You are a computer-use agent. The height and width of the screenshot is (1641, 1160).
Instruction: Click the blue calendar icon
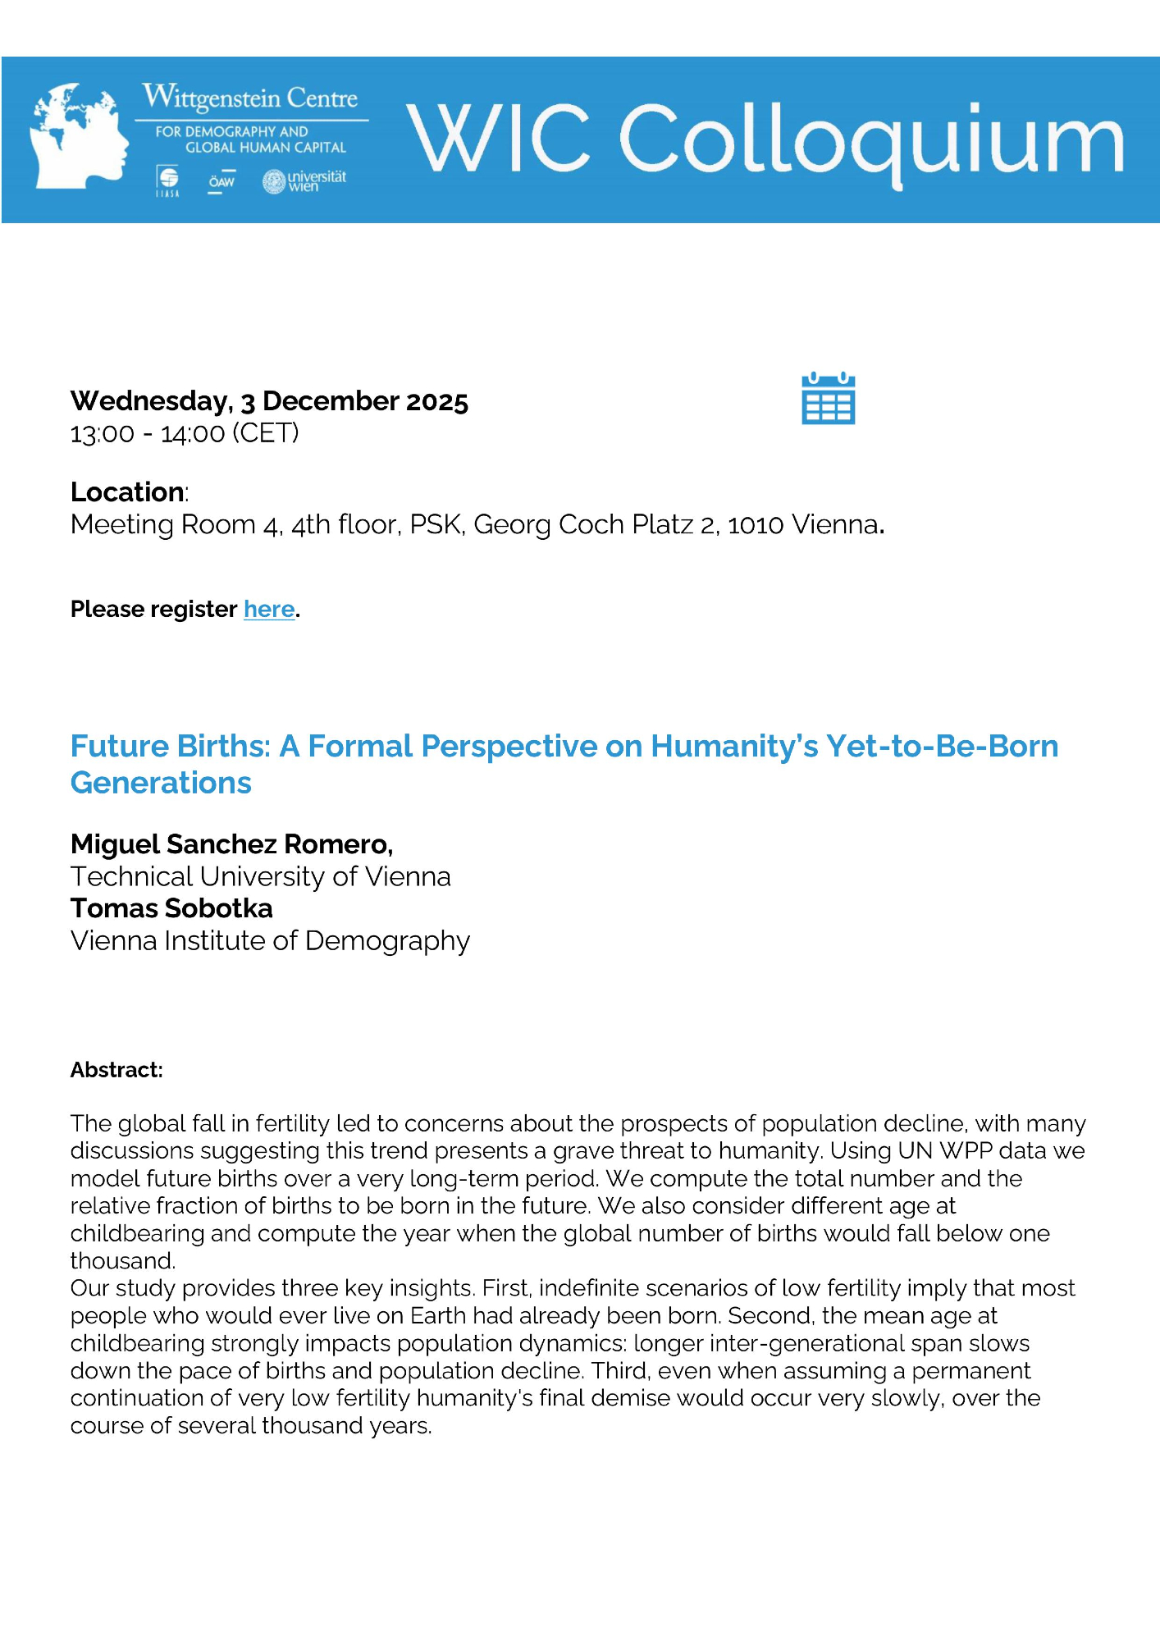pyautogui.click(x=828, y=399)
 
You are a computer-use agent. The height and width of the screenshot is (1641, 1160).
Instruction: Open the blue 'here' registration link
pyautogui.click(x=269, y=610)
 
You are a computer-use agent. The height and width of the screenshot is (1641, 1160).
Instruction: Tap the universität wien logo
pyautogui.click(x=304, y=181)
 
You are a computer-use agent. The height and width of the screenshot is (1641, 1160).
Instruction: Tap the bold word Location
pyautogui.click(x=127, y=492)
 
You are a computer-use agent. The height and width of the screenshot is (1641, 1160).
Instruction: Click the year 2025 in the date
pyautogui.click(x=436, y=402)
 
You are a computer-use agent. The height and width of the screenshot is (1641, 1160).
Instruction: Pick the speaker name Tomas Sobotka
pyautogui.click(x=171, y=908)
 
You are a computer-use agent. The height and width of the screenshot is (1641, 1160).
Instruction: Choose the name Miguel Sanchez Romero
pyautogui.click(x=231, y=844)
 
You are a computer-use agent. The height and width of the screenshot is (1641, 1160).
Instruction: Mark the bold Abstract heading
pyautogui.click(x=116, y=1070)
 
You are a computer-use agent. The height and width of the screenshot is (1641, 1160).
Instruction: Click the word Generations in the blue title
pyautogui.click(x=161, y=783)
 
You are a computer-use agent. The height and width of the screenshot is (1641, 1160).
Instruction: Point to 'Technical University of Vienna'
pyautogui.click(x=260, y=876)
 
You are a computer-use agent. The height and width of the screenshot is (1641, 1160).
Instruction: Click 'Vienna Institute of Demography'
pyautogui.click(x=270, y=940)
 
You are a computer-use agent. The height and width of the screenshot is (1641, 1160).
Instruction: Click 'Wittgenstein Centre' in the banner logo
pyautogui.click(x=250, y=98)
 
